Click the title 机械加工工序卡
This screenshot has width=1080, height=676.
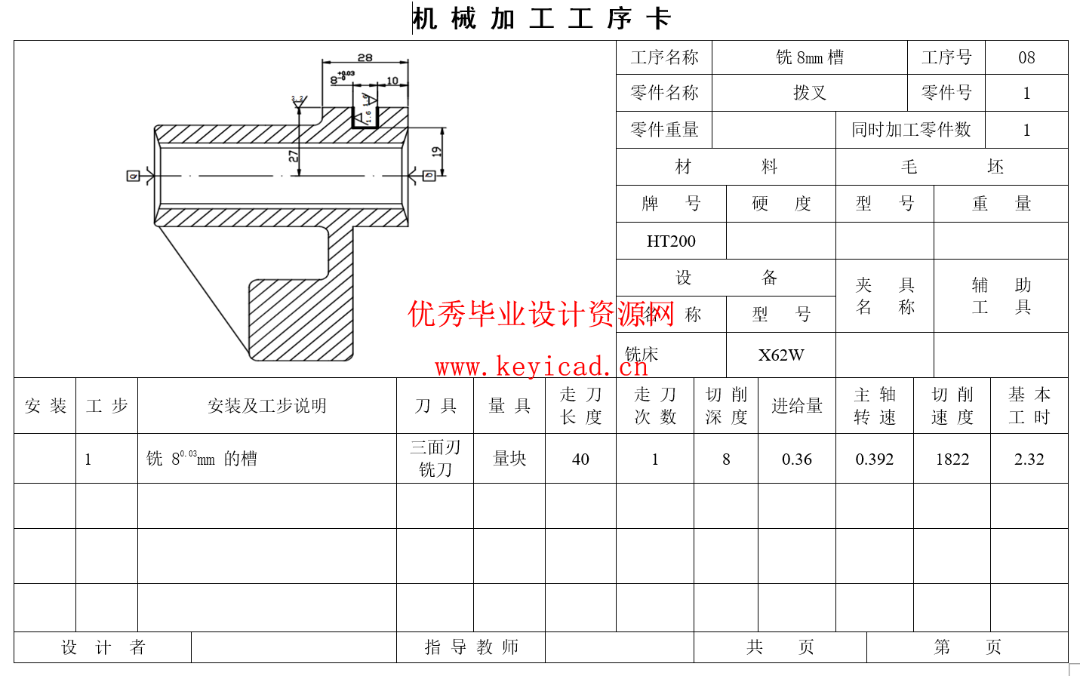(x=541, y=19)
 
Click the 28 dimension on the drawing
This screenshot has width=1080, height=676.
(x=365, y=57)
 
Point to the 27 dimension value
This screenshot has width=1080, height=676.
(x=294, y=156)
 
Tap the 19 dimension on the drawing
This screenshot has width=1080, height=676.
(x=436, y=152)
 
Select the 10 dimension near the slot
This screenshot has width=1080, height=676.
(x=392, y=81)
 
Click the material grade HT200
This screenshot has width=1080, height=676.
(x=671, y=241)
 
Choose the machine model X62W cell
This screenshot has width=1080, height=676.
(x=781, y=355)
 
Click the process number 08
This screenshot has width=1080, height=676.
(x=1026, y=58)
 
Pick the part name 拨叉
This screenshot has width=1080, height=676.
(x=810, y=94)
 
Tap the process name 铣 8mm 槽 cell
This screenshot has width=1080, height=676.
(x=810, y=58)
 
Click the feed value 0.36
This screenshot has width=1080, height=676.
(x=797, y=459)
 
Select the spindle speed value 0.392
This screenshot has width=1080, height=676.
(x=875, y=459)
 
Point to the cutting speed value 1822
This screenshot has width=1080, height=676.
(x=952, y=459)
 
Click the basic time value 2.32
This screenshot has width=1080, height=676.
(x=1029, y=459)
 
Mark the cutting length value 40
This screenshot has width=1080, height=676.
(x=580, y=459)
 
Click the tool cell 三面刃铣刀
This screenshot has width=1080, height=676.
(x=435, y=459)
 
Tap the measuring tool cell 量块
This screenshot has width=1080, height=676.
(x=509, y=459)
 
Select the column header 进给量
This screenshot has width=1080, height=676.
(x=797, y=406)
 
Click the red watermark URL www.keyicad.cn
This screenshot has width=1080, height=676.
(x=541, y=367)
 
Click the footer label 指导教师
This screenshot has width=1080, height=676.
(x=472, y=647)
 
